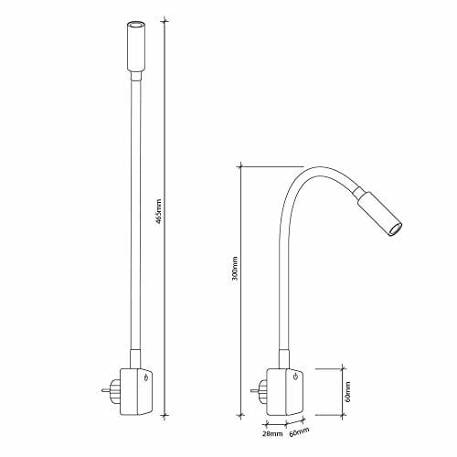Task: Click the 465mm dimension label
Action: point(158,212)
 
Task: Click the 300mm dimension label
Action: point(235,269)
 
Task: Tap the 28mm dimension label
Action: point(272,434)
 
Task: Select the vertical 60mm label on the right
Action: point(348,391)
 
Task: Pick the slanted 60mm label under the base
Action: point(299,431)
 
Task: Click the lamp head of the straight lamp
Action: point(136,51)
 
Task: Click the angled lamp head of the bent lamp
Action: point(377,213)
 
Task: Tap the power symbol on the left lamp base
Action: point(146,378)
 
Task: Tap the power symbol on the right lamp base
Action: point(295,377)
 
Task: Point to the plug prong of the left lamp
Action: point(105,390)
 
